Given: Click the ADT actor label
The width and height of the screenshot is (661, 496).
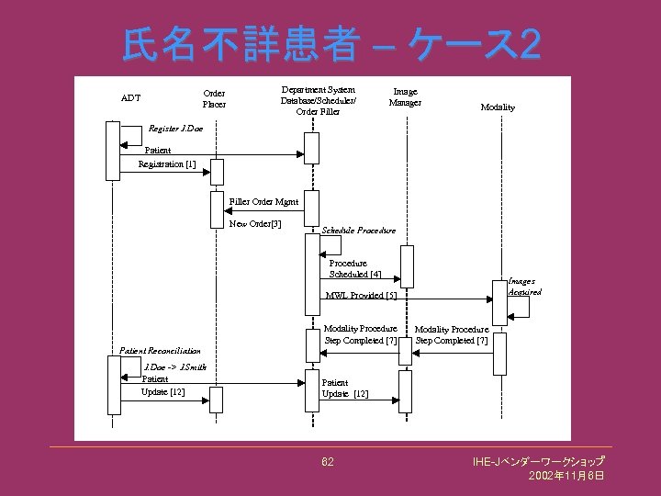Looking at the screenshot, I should [130, 98].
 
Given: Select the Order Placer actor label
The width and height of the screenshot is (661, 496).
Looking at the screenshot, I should [214, 98].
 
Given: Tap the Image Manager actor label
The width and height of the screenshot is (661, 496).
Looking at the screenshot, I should [405, 96].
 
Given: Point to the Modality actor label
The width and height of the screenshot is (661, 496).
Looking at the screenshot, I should [498, 107].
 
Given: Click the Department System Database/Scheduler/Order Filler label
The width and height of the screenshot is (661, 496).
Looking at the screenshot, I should [318, 100].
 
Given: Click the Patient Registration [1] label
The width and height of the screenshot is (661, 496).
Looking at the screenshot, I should [165, 157].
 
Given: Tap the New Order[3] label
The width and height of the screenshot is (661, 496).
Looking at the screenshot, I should [254, 223].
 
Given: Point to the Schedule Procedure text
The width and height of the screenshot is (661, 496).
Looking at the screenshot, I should [359, 230].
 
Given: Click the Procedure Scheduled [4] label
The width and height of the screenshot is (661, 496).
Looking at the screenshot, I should [355, 268].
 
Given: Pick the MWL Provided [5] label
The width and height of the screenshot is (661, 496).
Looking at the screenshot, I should [361, 296].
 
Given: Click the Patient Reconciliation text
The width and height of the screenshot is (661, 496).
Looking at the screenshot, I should [160, 351].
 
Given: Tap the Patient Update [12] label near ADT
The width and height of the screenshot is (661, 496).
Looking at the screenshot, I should [162, 386].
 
